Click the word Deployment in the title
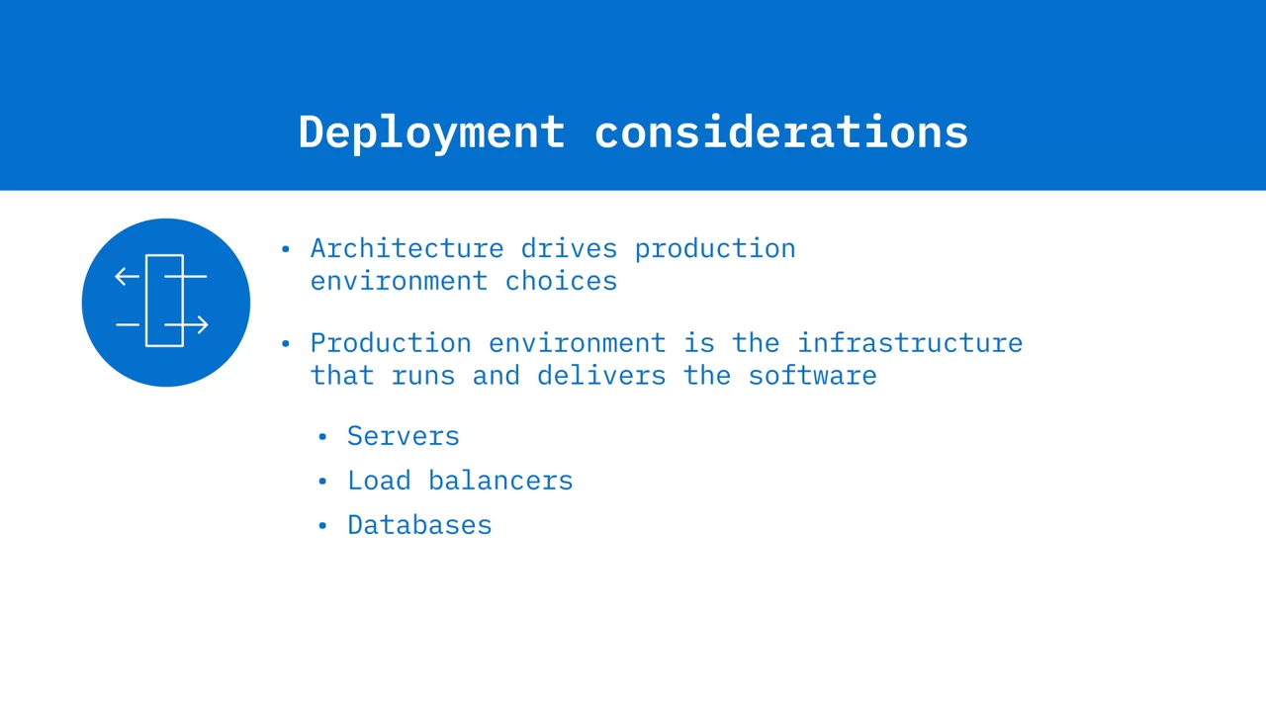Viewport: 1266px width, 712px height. [x=432, y=133]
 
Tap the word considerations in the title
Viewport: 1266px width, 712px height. [x=781, y=132]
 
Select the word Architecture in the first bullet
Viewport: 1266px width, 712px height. [x=407, y=248]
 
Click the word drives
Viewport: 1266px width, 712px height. [x=569, y=248]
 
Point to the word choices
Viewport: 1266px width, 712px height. [x=561, y=281]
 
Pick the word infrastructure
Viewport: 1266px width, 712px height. [x=910, y=343]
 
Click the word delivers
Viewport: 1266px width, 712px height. [x=601, y=375]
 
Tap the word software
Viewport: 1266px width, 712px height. [x=813, y=375]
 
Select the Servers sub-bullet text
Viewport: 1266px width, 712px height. [x=404, y=436]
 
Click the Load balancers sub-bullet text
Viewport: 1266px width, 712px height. [x=460, y=481]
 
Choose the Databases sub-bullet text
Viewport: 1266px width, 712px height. [x=419, y=525]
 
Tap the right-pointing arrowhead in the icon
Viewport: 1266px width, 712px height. [x=203, y=325]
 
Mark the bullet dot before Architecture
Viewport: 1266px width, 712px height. [x=286, y=248]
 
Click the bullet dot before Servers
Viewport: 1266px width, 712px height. [x=322, y=436]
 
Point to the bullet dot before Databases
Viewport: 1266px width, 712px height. [x=322, y=525]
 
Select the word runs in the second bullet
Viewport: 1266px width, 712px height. [x=423, y=375]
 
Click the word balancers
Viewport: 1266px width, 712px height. [x=500, y=481]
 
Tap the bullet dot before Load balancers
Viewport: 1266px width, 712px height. [x=322, y=481]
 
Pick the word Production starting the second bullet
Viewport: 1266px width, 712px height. [x=391, y=343]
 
